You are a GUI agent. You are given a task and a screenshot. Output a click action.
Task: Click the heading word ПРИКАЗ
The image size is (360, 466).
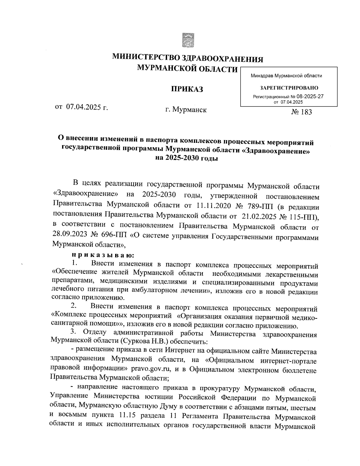click(x=187, y=89)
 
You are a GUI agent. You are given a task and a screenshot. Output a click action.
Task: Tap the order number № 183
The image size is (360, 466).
click(x=301, y=112)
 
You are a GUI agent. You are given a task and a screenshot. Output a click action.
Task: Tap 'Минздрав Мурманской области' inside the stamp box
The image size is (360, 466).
click(x=286, y=76)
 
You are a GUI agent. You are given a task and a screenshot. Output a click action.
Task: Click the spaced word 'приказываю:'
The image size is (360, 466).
click(x=103, y=255)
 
